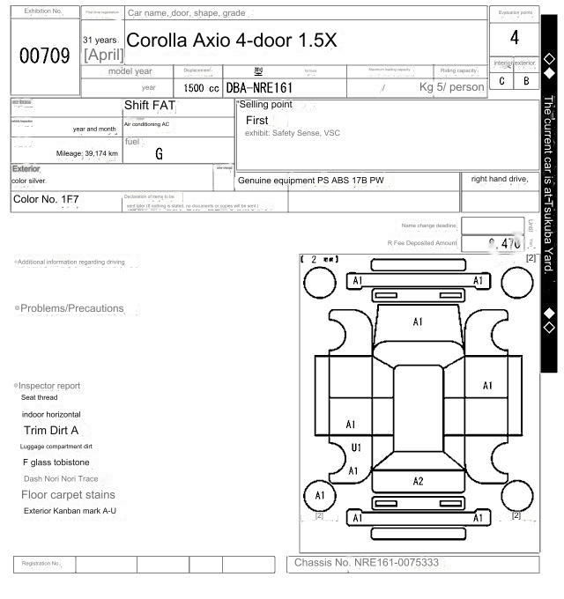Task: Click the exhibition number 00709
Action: (45, 56)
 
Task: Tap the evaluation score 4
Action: (515, 38)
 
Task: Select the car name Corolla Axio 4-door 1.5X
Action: (232, 41)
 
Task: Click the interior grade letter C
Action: (502, 81)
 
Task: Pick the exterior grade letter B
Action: (526, 81)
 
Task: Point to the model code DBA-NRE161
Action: (259, 88)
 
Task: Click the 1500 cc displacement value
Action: (202, 88)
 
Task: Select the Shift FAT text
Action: (150, 105)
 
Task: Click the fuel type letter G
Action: (159, 154)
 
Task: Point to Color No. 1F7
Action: (46, 199)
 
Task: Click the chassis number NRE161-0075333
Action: (367, 562)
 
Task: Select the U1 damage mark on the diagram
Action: (356, 447)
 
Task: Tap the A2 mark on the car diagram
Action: (418, 481)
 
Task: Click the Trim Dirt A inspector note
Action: (51, 431)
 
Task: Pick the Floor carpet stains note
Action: (68, 495)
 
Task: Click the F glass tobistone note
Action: (56, 462)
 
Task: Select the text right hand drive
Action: (499, 179)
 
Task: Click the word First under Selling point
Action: (256, 120)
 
